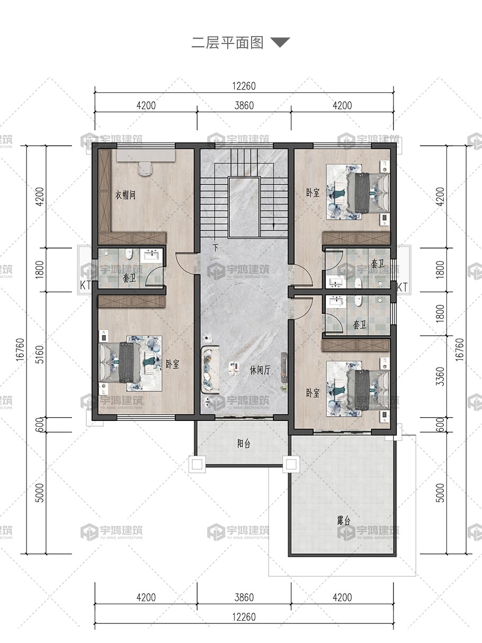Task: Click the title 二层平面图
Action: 227,43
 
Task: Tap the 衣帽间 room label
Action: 125,195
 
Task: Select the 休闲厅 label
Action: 260,370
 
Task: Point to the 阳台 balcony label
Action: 244,444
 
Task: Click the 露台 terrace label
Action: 344,520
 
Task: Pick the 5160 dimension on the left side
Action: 40,355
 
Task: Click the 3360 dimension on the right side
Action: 440,376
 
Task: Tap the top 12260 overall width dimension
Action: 244,86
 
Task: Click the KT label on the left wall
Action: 85,285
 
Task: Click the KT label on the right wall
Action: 402,287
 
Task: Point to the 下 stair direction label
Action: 216,248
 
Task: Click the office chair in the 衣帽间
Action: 145,169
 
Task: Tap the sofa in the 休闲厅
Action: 210,369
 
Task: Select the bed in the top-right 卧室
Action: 368,192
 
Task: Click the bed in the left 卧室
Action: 121,363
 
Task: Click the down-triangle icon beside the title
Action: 280,42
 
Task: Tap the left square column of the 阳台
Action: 197,464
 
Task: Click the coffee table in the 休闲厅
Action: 234,368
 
